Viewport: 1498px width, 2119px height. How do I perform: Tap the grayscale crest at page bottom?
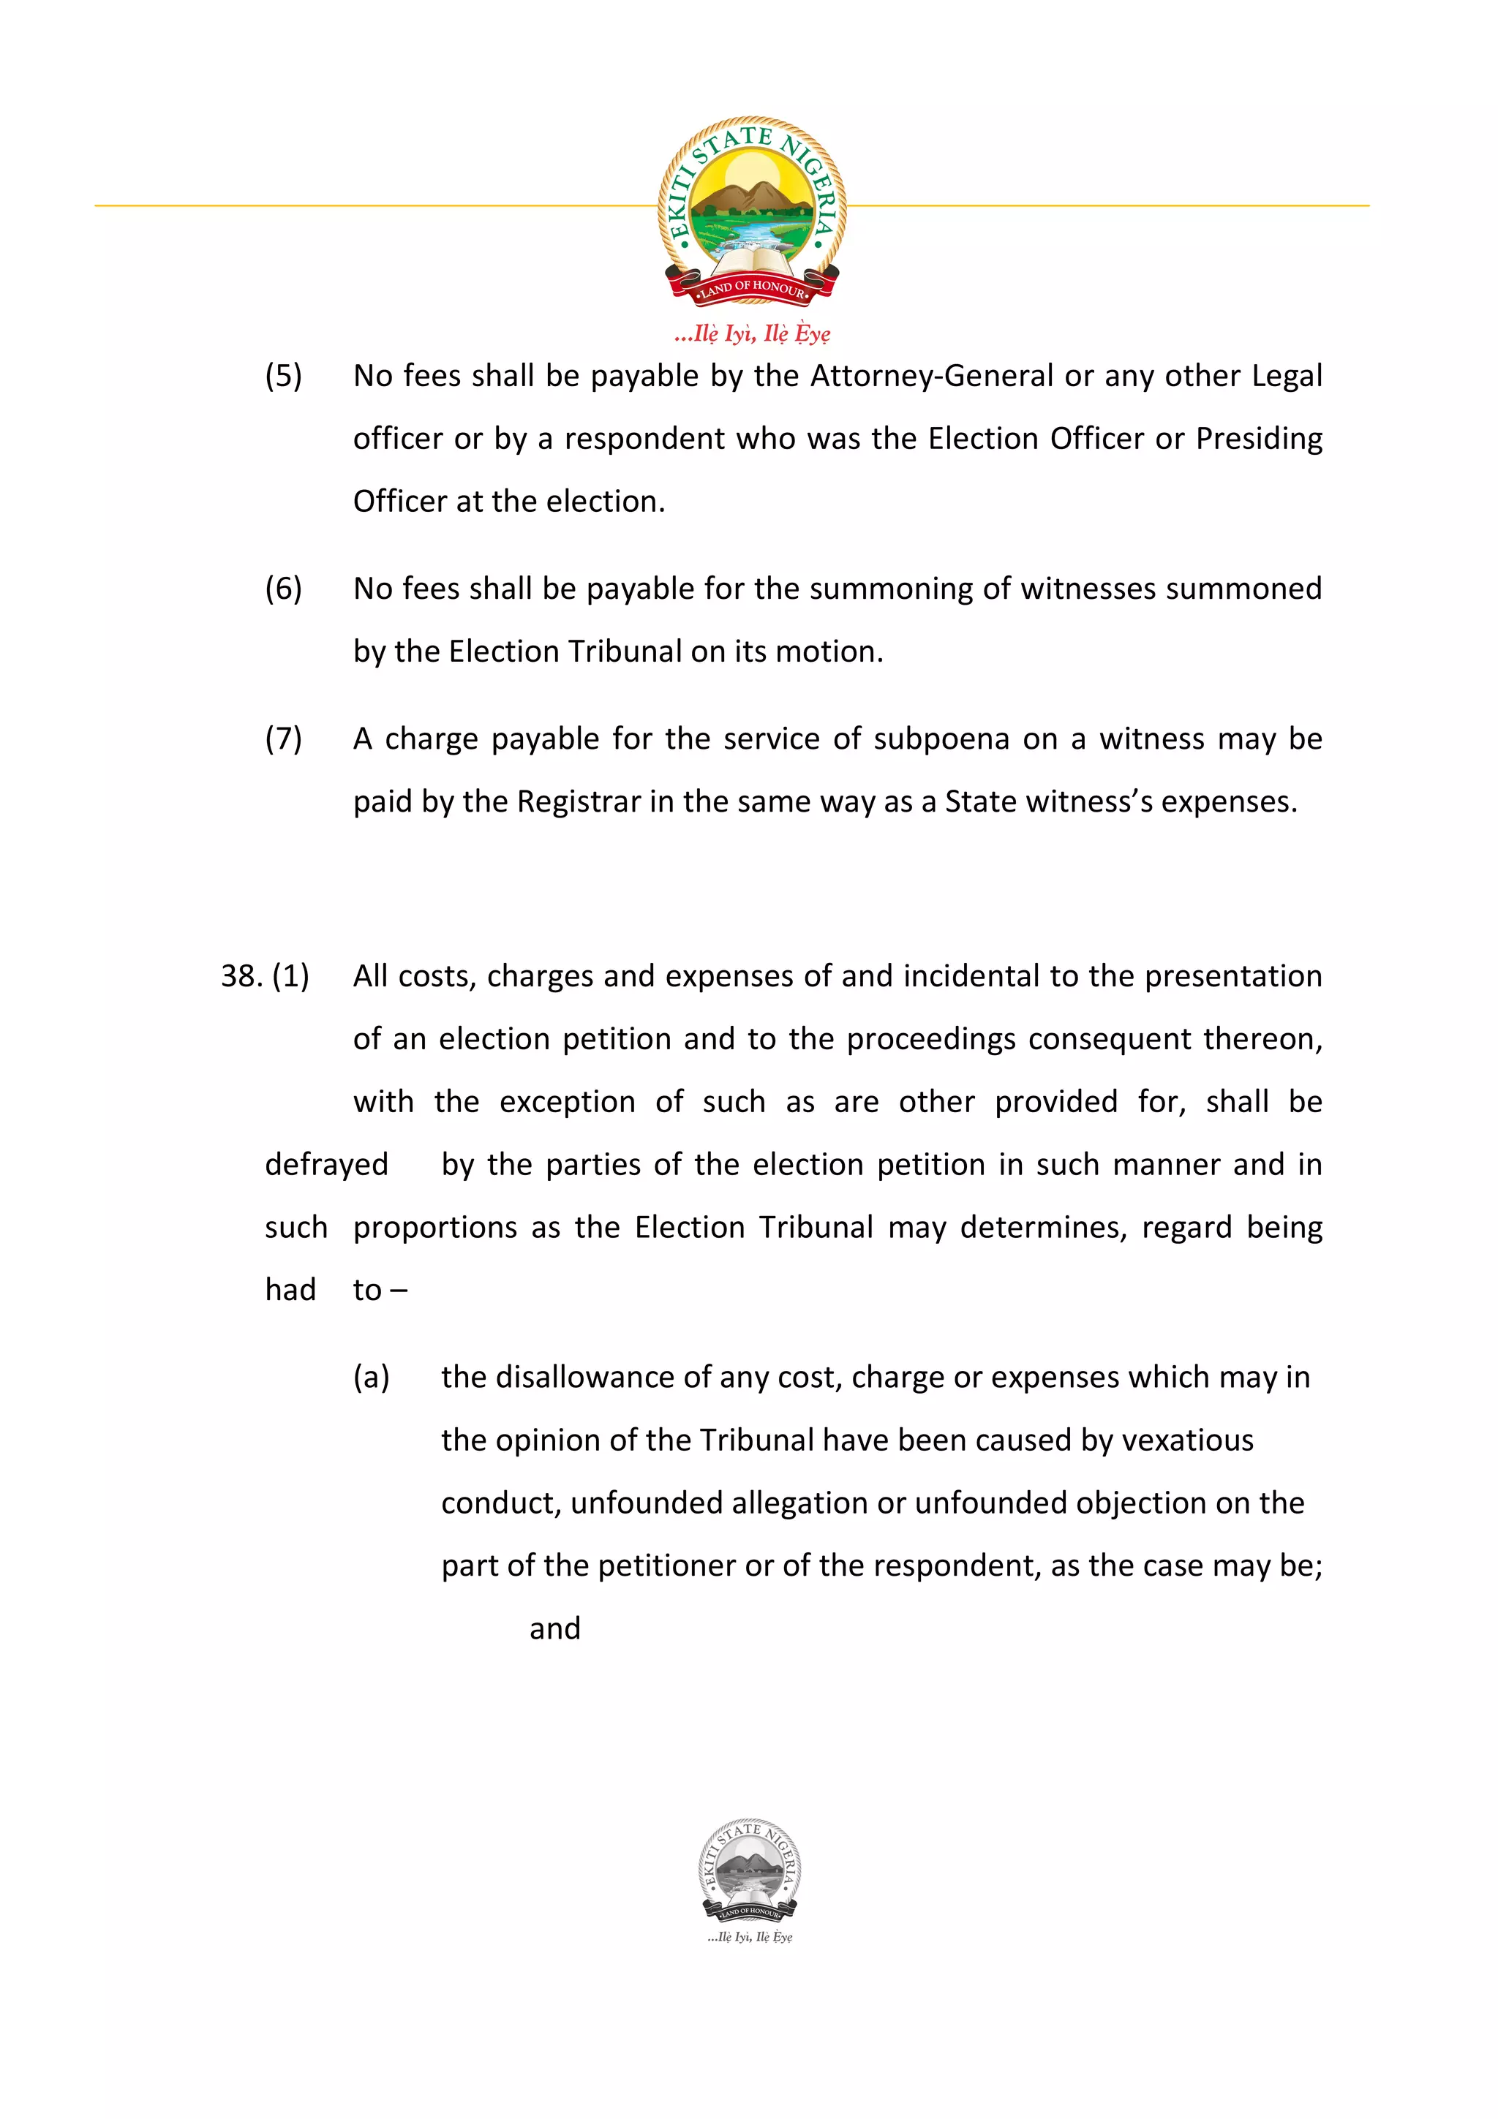tap(750, 1873)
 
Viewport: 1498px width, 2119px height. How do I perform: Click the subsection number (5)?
tap(283, 376)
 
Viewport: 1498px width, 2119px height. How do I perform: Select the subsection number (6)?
tap(283, 589)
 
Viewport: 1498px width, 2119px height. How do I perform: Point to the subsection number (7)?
tap(283, 739)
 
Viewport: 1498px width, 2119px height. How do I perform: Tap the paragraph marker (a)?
tap(371, 1377)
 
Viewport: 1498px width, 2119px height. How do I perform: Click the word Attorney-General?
tap(931, 376)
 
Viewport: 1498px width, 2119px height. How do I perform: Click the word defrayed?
tap(325, 1165)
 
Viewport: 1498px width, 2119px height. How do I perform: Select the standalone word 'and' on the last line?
tap(554, 1629)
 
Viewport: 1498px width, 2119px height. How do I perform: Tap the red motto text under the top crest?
tap(751, 333)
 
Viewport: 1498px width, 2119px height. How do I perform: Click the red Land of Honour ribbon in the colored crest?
tap(751, 288)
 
